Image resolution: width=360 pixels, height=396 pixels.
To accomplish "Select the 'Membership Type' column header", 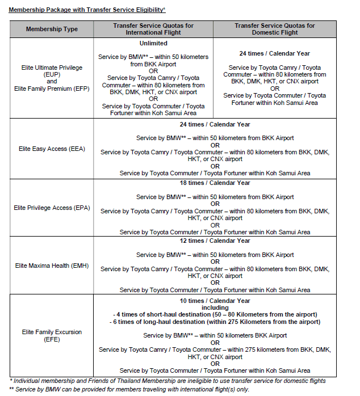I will click(52, 30).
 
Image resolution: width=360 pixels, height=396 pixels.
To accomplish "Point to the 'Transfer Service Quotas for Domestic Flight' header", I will click(275, 30).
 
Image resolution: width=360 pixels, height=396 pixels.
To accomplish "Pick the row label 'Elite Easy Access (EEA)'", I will click(52, 149).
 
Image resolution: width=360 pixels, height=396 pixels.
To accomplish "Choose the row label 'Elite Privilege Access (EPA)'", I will click(52, 208).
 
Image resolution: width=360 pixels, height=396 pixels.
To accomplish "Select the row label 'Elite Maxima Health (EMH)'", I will click(52, 266).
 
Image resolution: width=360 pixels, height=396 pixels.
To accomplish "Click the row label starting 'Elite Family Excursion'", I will click(52, 332).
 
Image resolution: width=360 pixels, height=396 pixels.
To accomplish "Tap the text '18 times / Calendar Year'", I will click(215, 183).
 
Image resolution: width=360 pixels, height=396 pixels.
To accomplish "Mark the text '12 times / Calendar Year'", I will click(215, 241).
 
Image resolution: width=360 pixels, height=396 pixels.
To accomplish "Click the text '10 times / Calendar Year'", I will click(215, 301).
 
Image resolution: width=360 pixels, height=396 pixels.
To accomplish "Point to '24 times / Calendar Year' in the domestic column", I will click(275, 53).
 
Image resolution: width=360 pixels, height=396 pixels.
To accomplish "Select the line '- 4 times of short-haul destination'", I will click(215, 314).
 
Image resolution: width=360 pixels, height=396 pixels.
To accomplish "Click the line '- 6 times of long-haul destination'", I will click(215, 322).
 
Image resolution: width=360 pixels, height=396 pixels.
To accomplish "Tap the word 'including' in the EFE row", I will click(215, 307).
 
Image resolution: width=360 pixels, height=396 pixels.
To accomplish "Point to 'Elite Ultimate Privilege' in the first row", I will click(52, 68).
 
